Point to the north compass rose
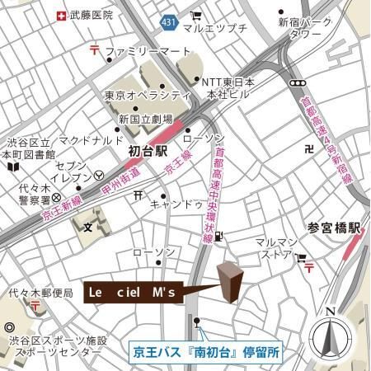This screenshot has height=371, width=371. click(331, 337)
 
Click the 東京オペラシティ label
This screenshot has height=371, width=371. click(148, 96)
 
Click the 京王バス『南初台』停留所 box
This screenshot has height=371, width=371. click(207, 350)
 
